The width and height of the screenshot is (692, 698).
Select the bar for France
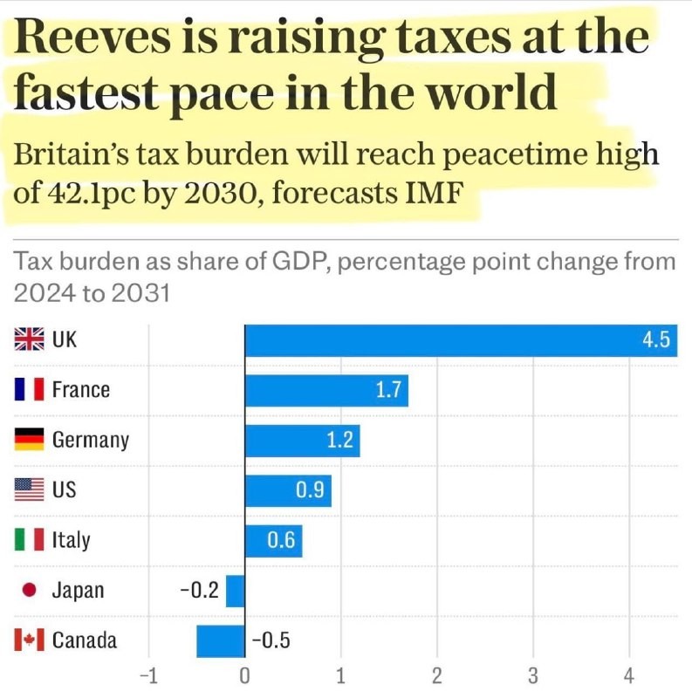pyautogui.click(x=326, y=390)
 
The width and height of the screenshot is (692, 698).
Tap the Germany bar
pyautogui.click(x=302, y=441)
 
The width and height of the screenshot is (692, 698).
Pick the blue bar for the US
pyautogui.click(x=288, y=490)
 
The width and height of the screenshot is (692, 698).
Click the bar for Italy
pyautogui.click(x=273, y=541)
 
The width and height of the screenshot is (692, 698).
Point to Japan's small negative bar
pyautogui.click(x=236, y=591)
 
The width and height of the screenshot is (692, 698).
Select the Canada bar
pyautogui.click(x=221, y=641)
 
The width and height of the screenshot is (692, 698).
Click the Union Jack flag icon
pyautogui.click(x=29, y=339)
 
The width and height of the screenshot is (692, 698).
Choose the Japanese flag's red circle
pyautogui.click(x=29, y=591)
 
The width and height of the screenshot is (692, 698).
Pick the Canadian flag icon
pyautogui.click(x=29, y=641)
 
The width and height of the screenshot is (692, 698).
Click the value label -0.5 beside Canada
pyautogui.click(x=270, y=641)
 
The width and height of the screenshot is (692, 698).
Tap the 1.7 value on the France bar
pyautogui.click(x=387, y=390)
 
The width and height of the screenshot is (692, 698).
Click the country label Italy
pyautogui.click(x=71, y=541)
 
